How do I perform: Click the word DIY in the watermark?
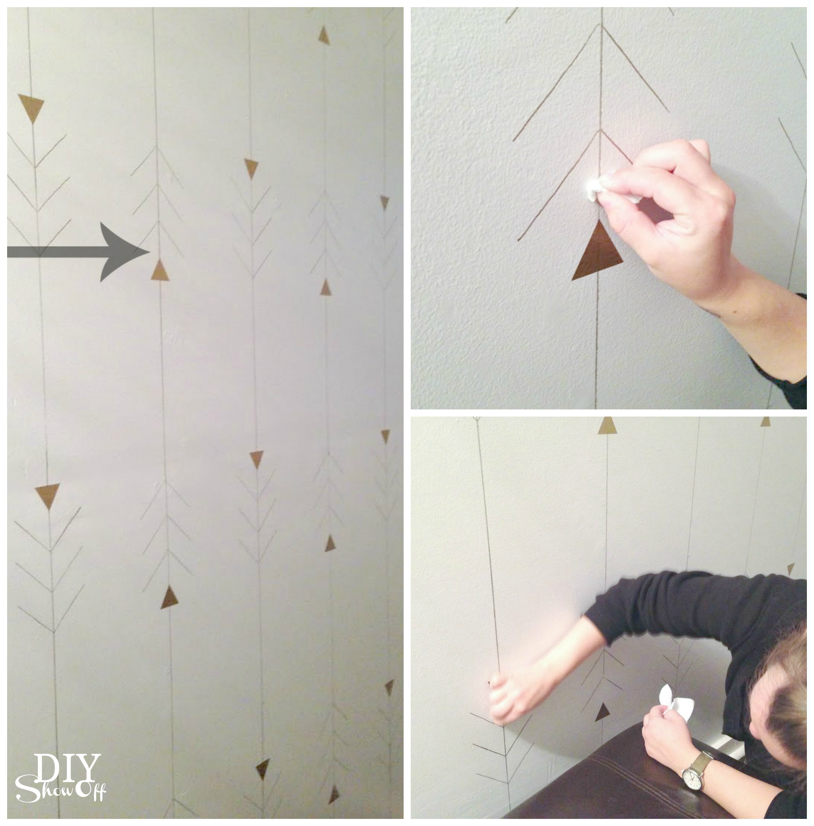click(68, 769)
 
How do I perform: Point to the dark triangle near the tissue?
click(602, 712)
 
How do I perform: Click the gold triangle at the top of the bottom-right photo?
click(607, 426)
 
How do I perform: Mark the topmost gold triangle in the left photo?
click(324, 36)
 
